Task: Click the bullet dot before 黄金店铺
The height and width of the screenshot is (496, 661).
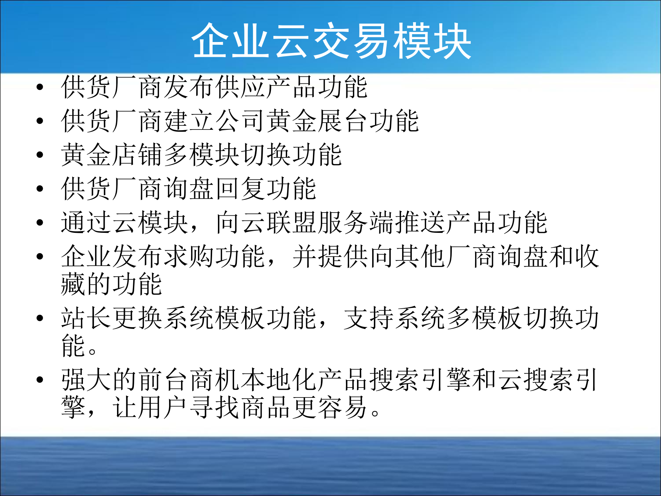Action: click(x=40, y=155)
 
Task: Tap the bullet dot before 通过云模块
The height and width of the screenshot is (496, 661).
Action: click(x=40, y=223)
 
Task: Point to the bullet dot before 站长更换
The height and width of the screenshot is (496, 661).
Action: click(x=40, y=318)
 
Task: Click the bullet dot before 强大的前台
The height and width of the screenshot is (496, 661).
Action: click(x=40, y=380)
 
